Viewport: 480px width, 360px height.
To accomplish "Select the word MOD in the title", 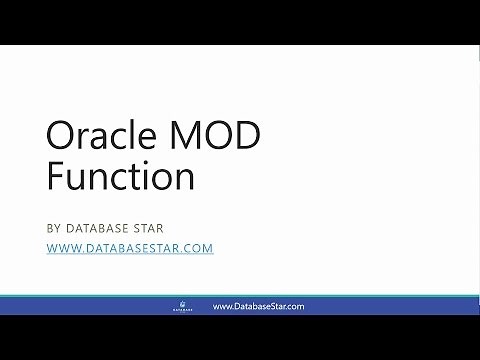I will point(220,137).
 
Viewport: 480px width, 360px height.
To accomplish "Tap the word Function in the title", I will point(120,176).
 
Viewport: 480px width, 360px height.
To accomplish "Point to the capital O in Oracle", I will point(62,137).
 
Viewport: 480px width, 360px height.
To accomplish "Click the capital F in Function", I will point(56,176).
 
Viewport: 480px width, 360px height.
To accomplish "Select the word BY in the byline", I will point(56,227).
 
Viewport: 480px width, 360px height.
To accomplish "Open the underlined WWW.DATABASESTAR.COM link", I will point(130,248).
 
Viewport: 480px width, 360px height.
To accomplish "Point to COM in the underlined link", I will point(199,248).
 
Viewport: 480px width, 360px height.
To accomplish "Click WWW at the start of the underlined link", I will point(64,248).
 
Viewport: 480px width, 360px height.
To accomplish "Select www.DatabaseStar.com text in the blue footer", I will point(258,307).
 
